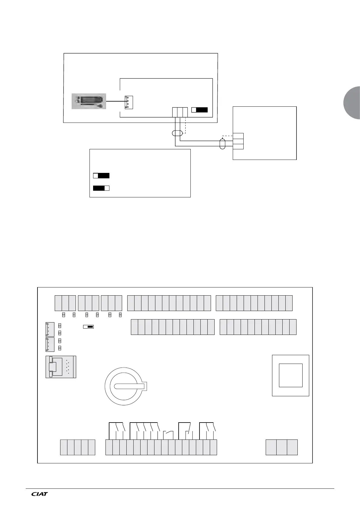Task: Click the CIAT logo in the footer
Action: click(x=40, y=494)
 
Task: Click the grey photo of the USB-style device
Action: click(x=89, y=101)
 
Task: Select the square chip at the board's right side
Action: click(x=290, y=375)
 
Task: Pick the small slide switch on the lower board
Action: click(x=88, y=326)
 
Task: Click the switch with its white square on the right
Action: click(x=101, y=188)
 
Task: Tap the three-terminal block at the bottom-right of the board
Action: click(x=281, y=447)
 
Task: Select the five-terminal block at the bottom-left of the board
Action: click(x=77, y=447)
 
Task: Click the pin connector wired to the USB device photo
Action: click(x=129, y=102)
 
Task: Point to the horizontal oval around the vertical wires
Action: click(x=177, y=133)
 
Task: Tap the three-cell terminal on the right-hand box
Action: click(x=238, y=141)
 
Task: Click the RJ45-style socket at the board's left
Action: click(x=60, y=367)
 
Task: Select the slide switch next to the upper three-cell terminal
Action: click(x=199, y=110)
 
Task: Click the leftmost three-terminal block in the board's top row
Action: click(x=65, y=303)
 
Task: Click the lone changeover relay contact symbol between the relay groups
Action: click(x=168, y=434)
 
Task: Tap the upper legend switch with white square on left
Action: click(x=101, y=176)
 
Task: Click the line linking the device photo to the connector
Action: click(x=115, y=102)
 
